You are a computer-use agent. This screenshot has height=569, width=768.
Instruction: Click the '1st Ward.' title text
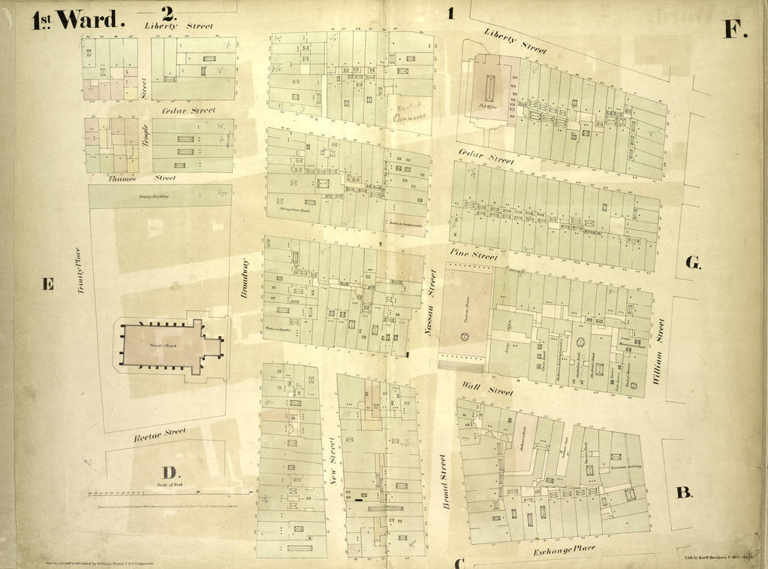pos(75,20)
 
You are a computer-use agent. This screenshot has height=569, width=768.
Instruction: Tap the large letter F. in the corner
pos(734,29)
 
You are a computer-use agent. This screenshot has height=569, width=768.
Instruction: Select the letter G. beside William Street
pos(693,262)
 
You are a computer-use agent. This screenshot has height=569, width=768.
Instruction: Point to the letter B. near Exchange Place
pos(683,493)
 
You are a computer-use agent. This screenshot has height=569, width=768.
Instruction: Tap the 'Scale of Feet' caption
pos(170,486)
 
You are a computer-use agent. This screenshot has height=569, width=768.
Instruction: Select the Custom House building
pos(465,310)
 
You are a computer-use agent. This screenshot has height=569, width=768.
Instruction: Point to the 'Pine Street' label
pos(474,256)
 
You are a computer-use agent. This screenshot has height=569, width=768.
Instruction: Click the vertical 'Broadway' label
pos(244,280)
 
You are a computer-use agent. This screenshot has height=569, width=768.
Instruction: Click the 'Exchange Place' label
pos(564,552)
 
